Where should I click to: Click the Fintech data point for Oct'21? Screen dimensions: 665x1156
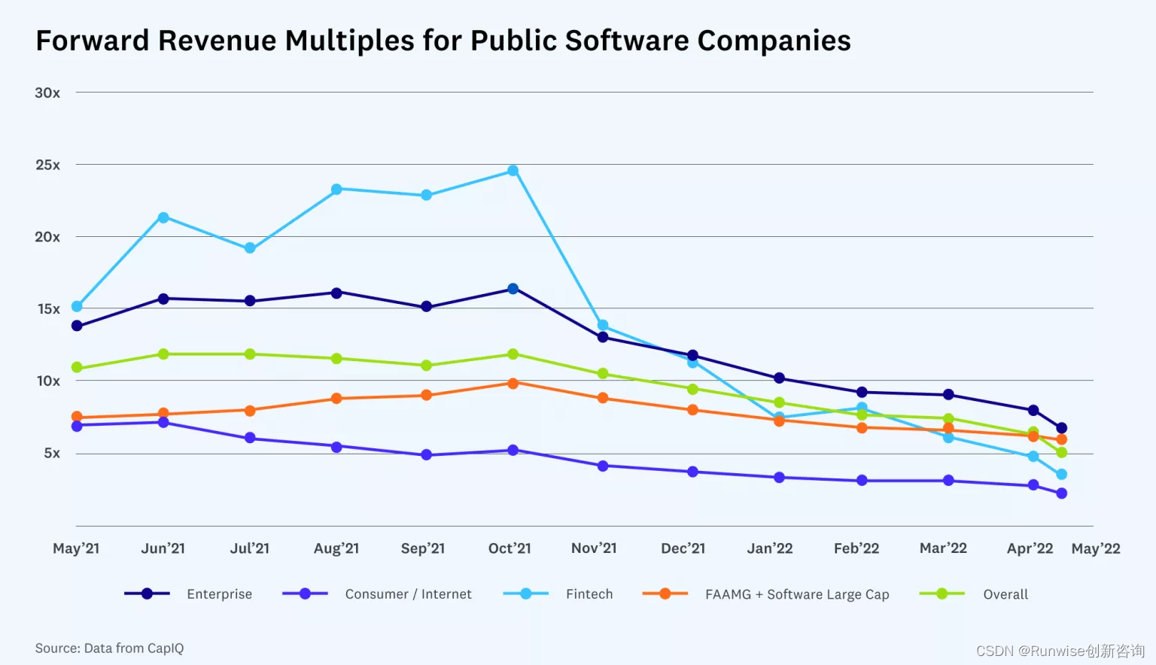pyautogui.click(x=513, y=171)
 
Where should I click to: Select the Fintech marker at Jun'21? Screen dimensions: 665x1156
pyautogui.click(x=163, y=217)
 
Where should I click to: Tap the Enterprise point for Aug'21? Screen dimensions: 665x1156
pyautogui.click(x=336, y=293)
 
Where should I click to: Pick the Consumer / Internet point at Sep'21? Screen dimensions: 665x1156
pyautogui.click(x=426, y=454)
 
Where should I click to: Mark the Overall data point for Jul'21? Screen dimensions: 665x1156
pyautogui.click(x=250, y=354)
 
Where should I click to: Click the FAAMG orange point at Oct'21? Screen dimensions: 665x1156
pyautogui.click(x=513, y=384)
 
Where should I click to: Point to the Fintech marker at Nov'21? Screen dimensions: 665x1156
pyautogui.click(x=603, y=326)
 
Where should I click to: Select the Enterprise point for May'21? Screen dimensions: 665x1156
pyautogui.click(x=77, y=326)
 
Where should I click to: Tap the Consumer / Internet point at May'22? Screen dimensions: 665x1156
pyautogui.click(x=1061, y=493)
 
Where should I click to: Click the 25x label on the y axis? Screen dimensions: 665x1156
pyautogui.click(x=47, y=165)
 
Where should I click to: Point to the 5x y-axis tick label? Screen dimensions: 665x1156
pyautogui.click(x=51, y=453)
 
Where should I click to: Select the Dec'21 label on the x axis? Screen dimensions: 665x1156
pyautogui.click(x=683, y=548)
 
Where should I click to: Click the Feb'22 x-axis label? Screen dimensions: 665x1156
pyautogui.click(x=856, y=548)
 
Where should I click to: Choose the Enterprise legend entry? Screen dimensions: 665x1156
pyautogui.click(x=219, y=594)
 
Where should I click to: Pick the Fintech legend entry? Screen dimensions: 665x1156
pyautogui.click(x=589, y=594)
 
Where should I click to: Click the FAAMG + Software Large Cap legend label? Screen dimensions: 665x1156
pyautogui.click(x=796, y=594)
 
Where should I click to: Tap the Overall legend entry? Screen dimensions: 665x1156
pyautogui.click(x=1005, y=594)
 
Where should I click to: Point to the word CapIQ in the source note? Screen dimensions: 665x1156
pyautogui.click(x=166, y=648)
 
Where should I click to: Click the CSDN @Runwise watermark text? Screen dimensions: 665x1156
pyautogui.click(x=1060, y=651)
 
